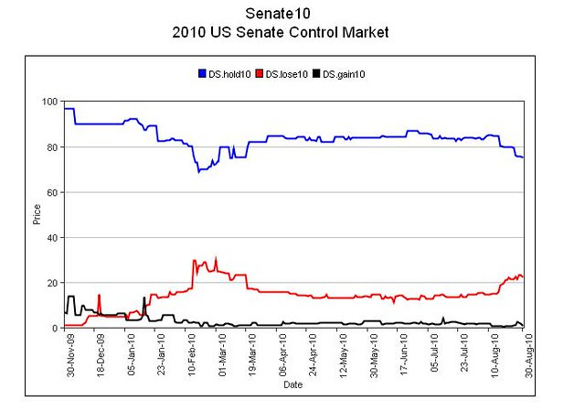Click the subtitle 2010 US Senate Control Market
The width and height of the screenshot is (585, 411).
(x=280, y=32)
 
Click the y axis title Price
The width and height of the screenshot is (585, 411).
(x=37, y=215)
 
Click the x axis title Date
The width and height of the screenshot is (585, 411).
(x=292, y=385)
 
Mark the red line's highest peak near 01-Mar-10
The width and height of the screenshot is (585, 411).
(x=216, y=257)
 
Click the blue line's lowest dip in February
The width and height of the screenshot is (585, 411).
(x=198, y=171)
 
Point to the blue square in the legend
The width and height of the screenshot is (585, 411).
(x=202, y=73)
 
